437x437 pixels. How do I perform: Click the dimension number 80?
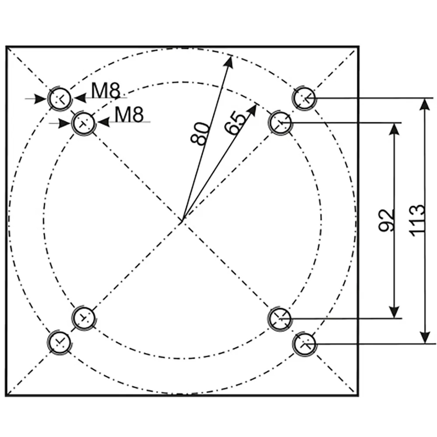click(x=200, y=134)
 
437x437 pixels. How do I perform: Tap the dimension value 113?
click(x=417, y=220)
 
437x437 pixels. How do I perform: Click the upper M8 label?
click(x=106, y=91)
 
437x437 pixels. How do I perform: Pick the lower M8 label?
click(x=129, y=114)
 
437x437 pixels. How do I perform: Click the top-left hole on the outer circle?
click(x=60, y=98)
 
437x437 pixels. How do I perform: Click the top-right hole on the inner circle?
click(x=280, y=123)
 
